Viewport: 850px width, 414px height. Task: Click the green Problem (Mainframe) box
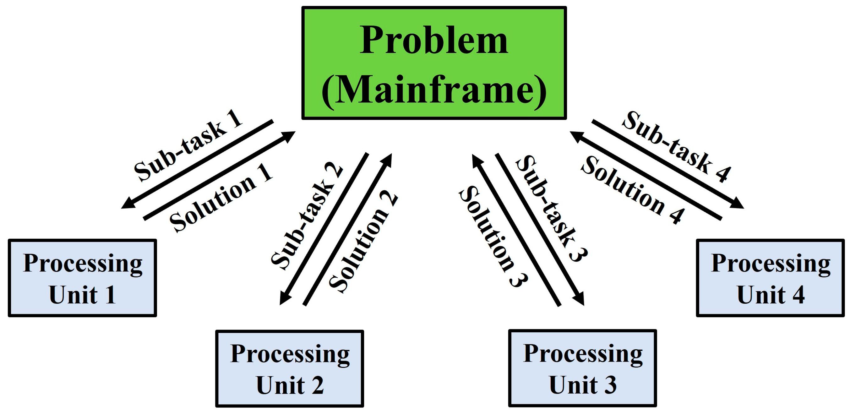(x=434, y=63)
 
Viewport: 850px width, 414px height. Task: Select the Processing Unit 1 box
(x=83, y=278)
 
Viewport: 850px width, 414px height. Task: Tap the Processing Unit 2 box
(x=290, y=368)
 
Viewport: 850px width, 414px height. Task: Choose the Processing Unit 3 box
(x=583, y=368)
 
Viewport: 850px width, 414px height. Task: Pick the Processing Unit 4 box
(x=771, y=278)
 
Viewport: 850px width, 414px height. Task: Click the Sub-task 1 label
(x=188, y=145)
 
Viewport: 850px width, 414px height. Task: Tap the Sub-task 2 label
(x=307, y=216)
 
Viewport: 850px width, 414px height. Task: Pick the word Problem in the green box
(x=434, y=40)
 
